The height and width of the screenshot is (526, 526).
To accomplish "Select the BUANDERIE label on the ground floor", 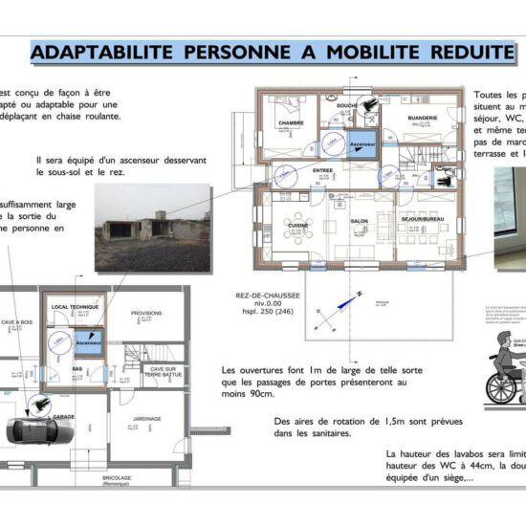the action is click(423, 118).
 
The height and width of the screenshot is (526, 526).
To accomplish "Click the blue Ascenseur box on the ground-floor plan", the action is click(363, 142).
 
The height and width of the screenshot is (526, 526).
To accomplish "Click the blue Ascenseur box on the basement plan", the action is click(88, 341).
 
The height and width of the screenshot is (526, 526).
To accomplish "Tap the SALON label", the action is click(360, 221).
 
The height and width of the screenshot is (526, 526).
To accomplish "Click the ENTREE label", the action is click(322, 170).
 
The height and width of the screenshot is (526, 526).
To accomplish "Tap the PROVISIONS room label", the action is click(146, 313).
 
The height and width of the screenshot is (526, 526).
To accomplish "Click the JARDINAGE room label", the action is click(147, 418).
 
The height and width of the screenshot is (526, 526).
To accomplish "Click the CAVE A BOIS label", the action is click(17, 322).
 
